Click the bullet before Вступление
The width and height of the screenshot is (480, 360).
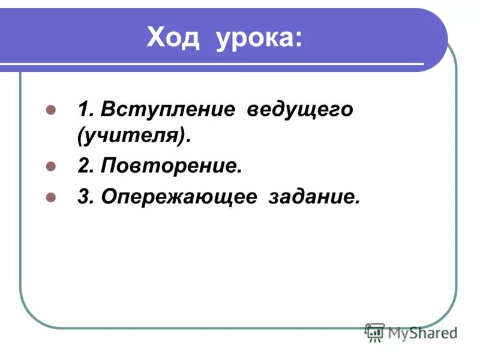point(51,111)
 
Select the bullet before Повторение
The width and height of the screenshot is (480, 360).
point(51,167)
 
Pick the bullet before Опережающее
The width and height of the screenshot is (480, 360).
point(51,196)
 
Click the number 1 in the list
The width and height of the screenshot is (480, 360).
point(83,111)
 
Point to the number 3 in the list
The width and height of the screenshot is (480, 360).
point(83,196)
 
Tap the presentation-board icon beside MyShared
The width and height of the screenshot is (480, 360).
point(374,332)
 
